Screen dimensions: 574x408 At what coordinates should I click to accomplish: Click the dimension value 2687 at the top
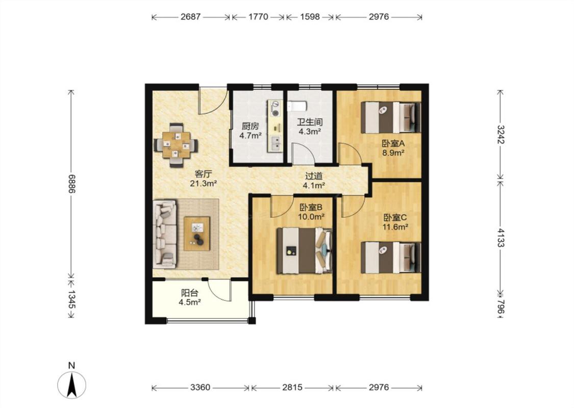[191, 17]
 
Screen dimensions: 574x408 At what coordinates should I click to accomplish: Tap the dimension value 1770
[259, 17]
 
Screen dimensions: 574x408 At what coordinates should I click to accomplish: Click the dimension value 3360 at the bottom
[200, 387]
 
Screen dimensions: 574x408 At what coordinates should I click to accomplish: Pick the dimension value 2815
[292, 387]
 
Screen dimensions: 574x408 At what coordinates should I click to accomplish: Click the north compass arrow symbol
[72, 384]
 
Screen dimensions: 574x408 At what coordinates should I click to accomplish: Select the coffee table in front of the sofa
[197, 234]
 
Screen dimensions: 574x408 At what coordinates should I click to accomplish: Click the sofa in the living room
[165, 234]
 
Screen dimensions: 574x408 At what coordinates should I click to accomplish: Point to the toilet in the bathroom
[297, 106]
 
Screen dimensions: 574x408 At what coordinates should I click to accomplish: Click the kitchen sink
[275, 143]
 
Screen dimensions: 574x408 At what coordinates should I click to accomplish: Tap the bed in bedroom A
[390, 117]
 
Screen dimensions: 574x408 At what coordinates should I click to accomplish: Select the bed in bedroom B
[304, 250]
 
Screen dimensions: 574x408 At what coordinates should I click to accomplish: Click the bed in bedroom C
[390, 257]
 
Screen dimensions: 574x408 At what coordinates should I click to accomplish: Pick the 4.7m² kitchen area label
[251, 136]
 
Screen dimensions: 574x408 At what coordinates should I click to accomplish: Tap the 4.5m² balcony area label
[189, 302]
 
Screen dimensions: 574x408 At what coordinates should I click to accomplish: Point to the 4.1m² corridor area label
[314, 186]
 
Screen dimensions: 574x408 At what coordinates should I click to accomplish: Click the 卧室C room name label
[395, 218]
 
